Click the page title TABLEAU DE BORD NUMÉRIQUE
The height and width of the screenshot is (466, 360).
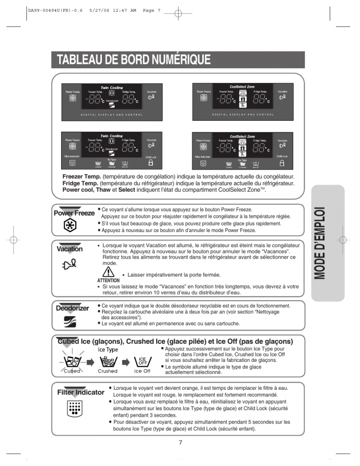133,60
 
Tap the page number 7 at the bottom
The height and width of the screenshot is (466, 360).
180,442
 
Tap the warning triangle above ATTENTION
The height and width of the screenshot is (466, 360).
108,272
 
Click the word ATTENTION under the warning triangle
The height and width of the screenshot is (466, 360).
108,280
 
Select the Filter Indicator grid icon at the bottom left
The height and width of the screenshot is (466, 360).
73,408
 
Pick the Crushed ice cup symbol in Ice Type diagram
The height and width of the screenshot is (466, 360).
108,362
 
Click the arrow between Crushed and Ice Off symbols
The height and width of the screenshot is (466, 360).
126,362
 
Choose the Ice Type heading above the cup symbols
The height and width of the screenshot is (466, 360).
108,349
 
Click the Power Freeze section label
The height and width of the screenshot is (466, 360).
74,213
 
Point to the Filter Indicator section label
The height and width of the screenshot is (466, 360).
81,392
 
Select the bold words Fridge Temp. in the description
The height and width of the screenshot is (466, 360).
80,183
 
